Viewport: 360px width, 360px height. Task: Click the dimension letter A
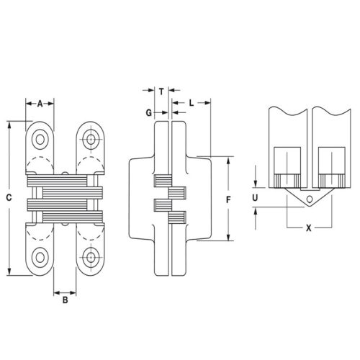click(40, 102)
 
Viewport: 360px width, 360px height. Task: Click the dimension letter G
click(148, 113)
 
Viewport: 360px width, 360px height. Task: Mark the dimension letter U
click(257, 196)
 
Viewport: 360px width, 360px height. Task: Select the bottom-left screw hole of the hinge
click(40, 254)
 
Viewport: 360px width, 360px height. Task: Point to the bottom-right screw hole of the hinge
click(90, 254)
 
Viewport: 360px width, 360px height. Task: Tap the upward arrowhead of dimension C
click(9, 125)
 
